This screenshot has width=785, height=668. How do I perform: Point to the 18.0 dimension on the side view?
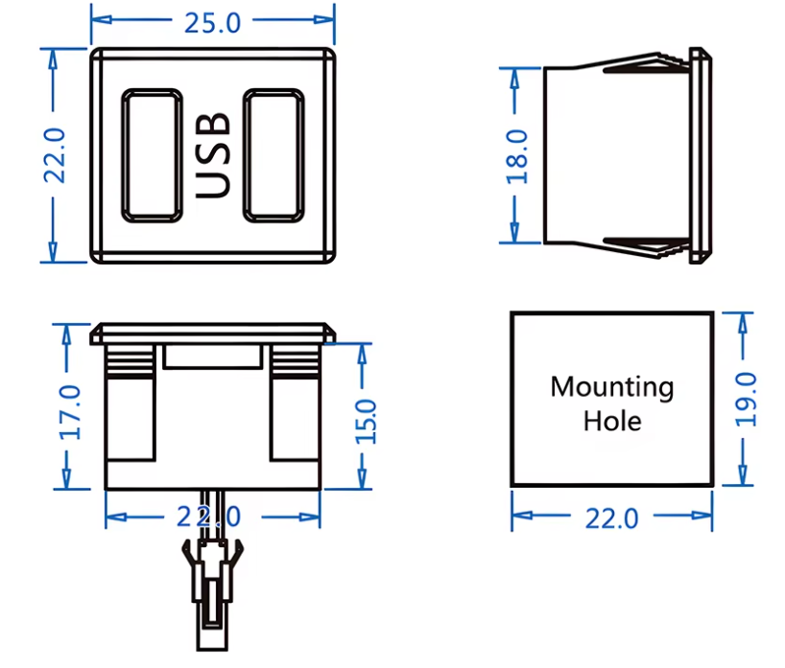click(519, 155)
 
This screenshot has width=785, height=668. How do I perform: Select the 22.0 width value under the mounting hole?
click(612, 518)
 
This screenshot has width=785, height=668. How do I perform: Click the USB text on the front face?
click(213, 155)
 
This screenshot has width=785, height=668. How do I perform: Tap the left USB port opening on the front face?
click(152, 155)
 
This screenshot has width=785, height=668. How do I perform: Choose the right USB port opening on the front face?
click(274, 155)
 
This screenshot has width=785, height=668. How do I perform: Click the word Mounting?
click(611, 387)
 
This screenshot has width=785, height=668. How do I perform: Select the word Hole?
click(612, 420)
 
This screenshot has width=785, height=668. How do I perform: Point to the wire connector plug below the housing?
click(210, 585)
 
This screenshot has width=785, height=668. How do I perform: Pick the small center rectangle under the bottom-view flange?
click(213, 357)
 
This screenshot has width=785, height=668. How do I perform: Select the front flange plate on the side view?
click(702, 155)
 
